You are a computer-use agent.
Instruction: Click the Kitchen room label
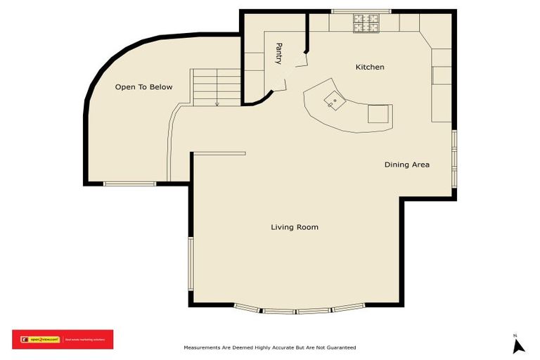[370, 67]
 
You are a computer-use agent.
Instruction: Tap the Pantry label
[279, 53]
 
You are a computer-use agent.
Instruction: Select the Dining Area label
[406, 165]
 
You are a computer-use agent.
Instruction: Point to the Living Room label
[295, 227]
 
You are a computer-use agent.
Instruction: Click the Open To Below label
[143, 87]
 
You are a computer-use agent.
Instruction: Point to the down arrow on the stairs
[217, 103]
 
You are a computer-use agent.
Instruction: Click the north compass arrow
[519, 345]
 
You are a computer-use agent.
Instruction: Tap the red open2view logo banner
[62, 340]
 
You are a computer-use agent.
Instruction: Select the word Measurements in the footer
[204, 347]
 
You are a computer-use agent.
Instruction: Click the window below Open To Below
[129, 184]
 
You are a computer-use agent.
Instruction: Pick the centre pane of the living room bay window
[297, 310]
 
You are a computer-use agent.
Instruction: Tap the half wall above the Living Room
[218, 153]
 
